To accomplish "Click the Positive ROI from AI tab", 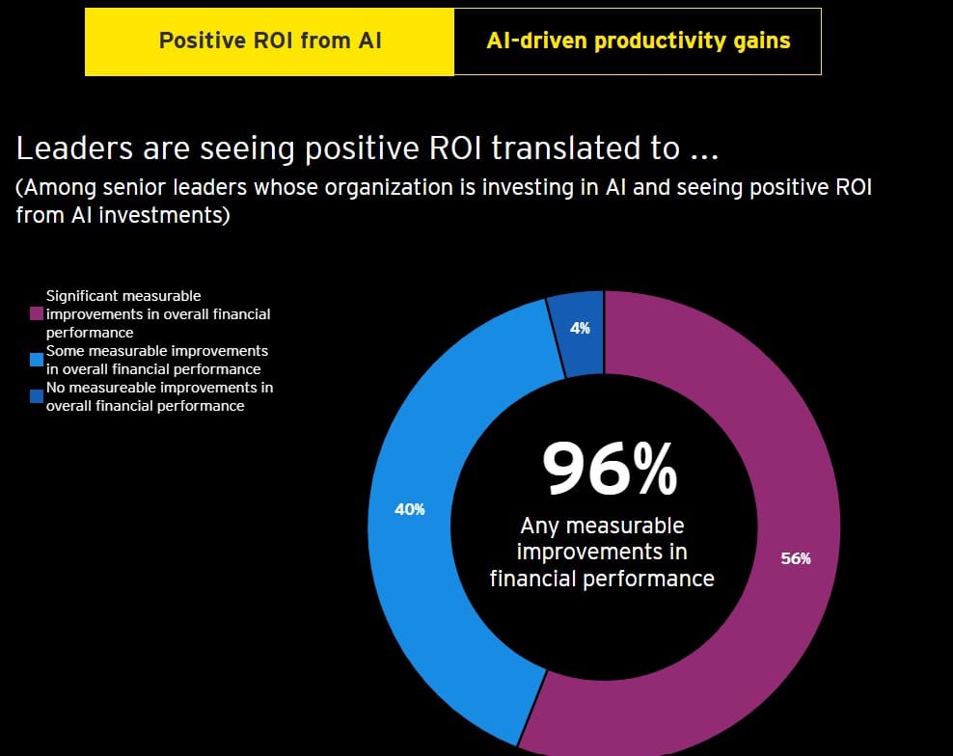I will [x=269, y=41].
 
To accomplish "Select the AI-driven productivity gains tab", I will [x=638, y=41].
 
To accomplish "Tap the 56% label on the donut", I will [x=796, y=558].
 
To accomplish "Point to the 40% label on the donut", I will [x=410, y=509].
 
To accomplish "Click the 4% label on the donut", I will [x=580, y=328].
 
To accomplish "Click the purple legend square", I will [x=37, y=314].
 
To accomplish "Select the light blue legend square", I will [x=37, y=360].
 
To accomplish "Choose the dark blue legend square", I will [x=37, y=396].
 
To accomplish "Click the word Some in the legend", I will [x=65, y=351].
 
